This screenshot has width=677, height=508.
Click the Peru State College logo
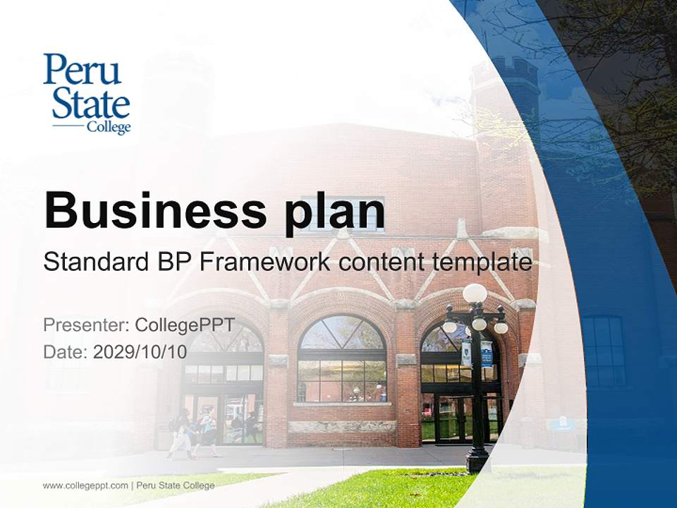pyautogui.click(x=87, y=94)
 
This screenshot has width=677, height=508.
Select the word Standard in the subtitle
pyautogui.click(x=94, y=262)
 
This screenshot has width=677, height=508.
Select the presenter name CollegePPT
pyautogui.click(x=185, y=325)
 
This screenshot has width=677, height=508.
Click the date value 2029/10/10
pyautogui.click(x=140, y=351)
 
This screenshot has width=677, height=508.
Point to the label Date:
pyautogui.click(x=66, y=351)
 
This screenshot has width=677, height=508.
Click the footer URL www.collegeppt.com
pyautogui.click(x=85, y=485)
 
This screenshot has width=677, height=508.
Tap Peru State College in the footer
pyautogui.click(x=176, y=485)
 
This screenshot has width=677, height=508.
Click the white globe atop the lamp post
pyautogui.click(x=475, y=294)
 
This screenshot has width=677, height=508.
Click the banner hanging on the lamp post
pyautogui.click(x=487, y=353)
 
